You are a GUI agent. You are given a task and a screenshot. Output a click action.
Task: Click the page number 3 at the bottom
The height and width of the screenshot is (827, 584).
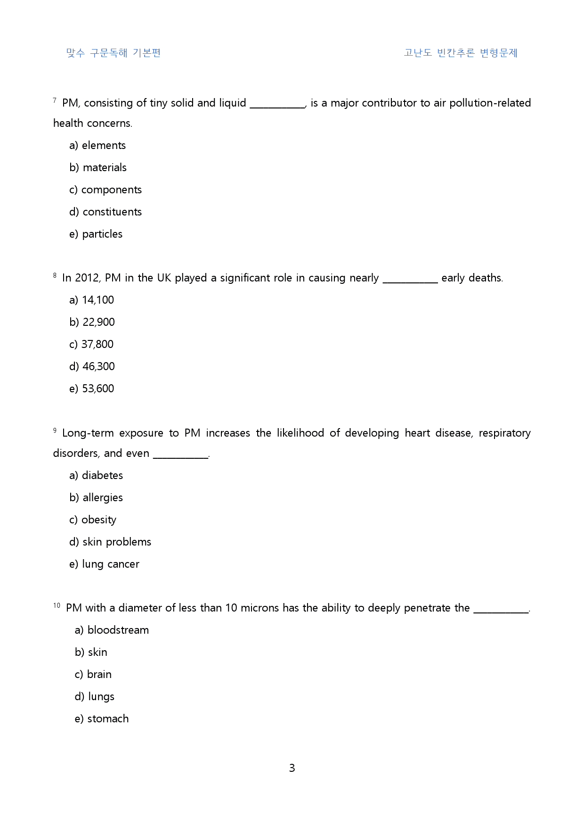coord(292,768)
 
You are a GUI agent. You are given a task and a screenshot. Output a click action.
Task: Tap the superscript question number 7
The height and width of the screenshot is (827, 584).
coord(55,100)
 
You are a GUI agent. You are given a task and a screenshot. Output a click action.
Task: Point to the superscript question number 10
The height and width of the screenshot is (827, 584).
coord(57,605)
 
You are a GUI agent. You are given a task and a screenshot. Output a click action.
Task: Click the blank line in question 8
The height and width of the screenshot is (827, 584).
coord(410,281)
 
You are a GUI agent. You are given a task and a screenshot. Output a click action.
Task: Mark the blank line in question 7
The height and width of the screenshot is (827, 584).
coord(277,107)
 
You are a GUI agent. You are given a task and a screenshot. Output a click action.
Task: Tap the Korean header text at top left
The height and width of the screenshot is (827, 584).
coord(114,53)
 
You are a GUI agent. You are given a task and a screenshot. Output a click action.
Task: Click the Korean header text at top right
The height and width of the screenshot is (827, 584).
coord(460,53)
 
